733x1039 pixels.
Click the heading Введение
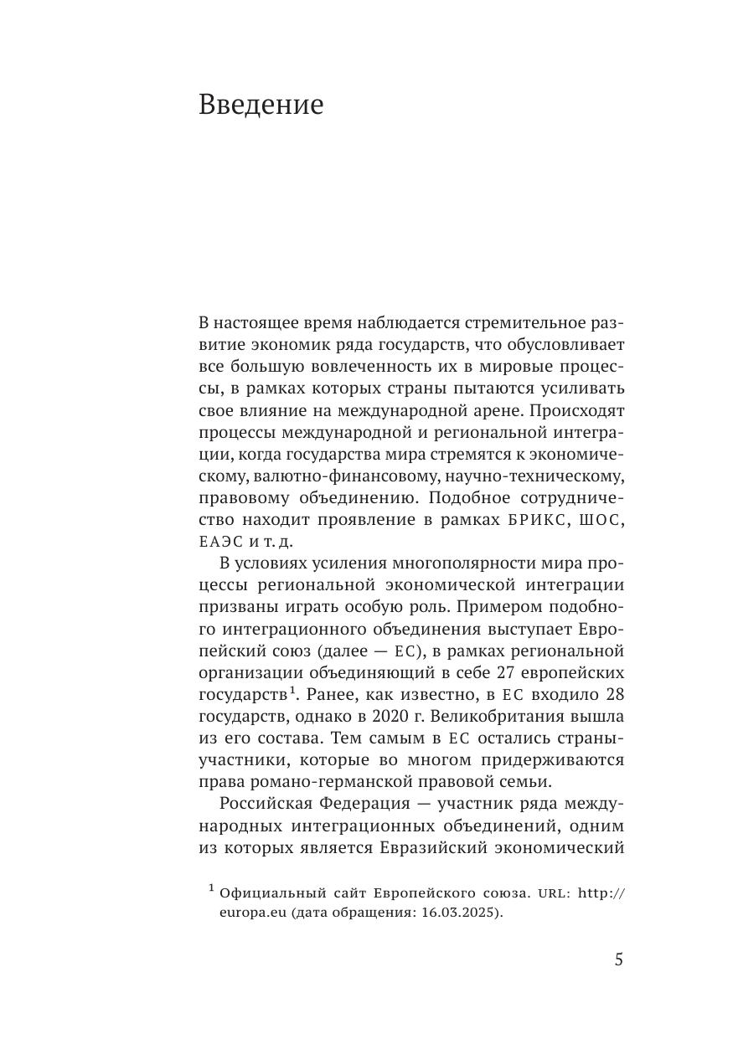(x=261, y=105)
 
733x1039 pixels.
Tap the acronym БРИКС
(x=539, y=520)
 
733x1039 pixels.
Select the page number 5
(x=619, y=959)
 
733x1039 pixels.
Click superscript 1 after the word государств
(x=294, y=691)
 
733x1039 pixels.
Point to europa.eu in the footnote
(x=254, y=913)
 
